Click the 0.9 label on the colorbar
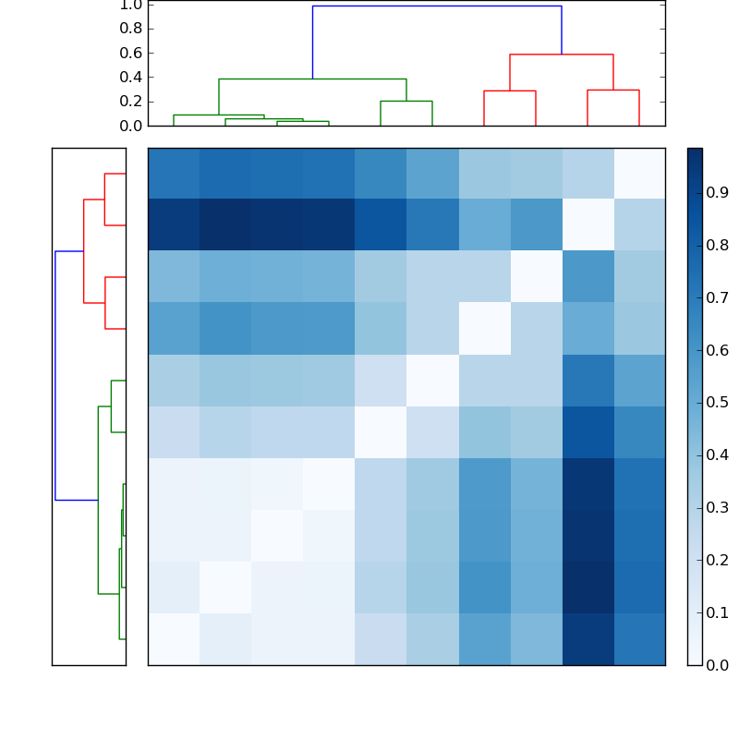[718, 192]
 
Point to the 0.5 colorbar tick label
[718, 402]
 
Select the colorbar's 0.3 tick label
[718, 507]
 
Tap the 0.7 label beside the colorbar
[718, 297]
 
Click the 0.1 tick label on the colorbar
[718, 612]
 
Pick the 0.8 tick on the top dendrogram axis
[132, 29]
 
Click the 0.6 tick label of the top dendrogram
[132, 53]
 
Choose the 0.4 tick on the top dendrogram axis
[132, 77]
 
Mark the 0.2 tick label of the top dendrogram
[132, 102]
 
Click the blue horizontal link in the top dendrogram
[436, 6]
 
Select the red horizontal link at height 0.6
[562, 55]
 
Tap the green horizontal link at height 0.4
[312, 79]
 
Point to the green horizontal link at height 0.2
[406, 102]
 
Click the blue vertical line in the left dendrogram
[55, 375]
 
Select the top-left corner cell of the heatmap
[174, 174]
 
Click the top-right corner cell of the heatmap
[639, 174]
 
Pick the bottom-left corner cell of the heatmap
[174, 639]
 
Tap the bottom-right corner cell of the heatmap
[639, 639]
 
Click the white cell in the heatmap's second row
[588, 225]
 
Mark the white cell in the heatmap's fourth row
[484, 329]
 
